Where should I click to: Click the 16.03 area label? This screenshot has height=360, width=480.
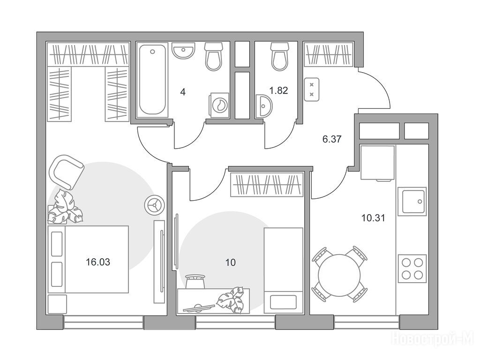pos(98,262)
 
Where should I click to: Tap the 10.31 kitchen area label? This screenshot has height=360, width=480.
pos(373,218)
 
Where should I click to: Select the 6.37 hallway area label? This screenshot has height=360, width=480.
pos(332,139)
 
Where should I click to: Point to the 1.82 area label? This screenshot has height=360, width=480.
pos(278,90)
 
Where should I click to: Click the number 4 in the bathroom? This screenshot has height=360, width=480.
pos(183,92)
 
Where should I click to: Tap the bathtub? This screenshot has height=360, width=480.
pos(152,80)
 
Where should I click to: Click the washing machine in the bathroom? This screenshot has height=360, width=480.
pos(219,105)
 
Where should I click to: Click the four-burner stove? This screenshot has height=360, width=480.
pos(412,269)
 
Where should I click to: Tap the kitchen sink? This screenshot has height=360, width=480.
pos(412,202)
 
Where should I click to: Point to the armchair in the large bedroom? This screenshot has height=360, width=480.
pos(68,172)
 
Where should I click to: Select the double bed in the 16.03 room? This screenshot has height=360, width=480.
pos(88,259)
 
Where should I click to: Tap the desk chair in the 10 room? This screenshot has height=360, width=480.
pos(195,281)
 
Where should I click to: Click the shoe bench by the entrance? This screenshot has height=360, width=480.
pos(312,89)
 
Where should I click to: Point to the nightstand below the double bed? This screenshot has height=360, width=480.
pos(57,304)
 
